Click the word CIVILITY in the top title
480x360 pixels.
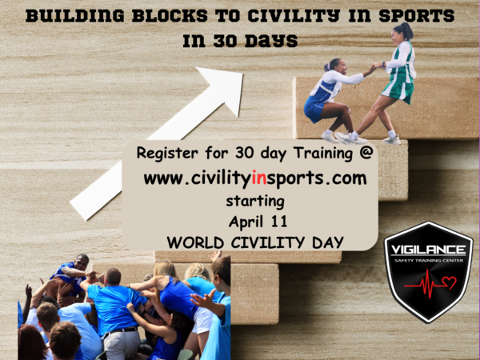click(294, 16)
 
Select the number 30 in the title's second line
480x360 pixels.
click(225, 41)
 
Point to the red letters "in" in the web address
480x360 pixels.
click(258, 178)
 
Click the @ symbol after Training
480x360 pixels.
click(366, 152)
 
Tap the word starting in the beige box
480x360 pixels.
click(255, 202)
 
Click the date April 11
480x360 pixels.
click(258, 221)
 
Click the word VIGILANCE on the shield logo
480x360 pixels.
click(428, 250)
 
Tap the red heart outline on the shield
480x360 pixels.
click(449, 282)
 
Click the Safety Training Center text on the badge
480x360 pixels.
click(429, 261)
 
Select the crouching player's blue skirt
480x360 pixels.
click(314, 110)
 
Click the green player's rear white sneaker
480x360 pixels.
click(391, 140)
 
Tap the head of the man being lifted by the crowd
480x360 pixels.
click(82, 262)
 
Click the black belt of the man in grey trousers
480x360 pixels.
click(122, 331)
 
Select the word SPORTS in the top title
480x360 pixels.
click(417, 16)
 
